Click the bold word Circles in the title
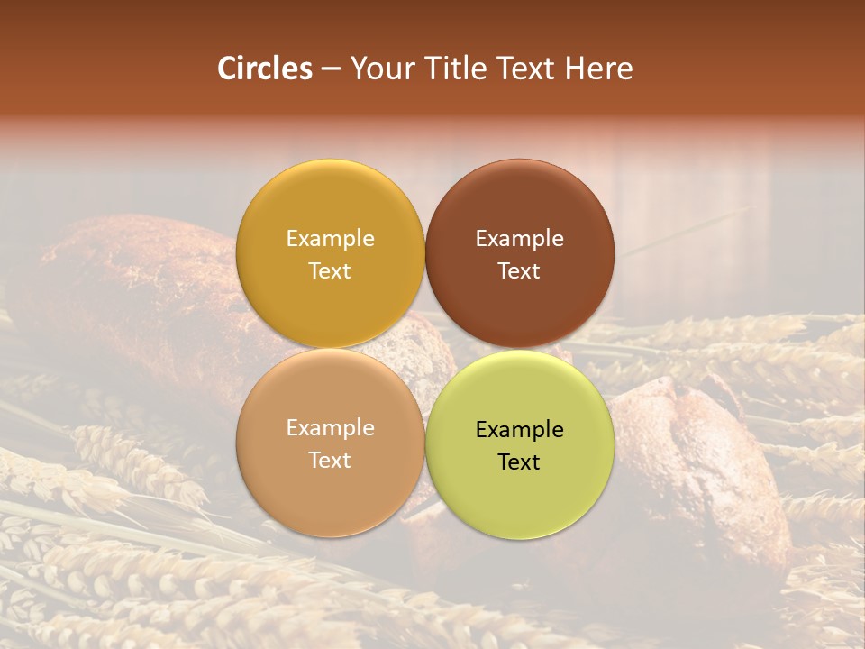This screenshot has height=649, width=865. point(264,69)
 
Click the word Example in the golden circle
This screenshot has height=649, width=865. point(330,238)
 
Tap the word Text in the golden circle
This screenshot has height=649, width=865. point(330,270)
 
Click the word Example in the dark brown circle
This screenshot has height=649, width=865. point(519,238)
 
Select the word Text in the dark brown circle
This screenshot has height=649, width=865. point(519,270)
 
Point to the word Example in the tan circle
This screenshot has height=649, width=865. point(330,427)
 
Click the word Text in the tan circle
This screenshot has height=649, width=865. point(330,460)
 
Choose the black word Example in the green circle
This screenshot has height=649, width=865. point(519,429)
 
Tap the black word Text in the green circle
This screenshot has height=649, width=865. point(519,462)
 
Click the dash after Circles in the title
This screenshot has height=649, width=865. point(331,69)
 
